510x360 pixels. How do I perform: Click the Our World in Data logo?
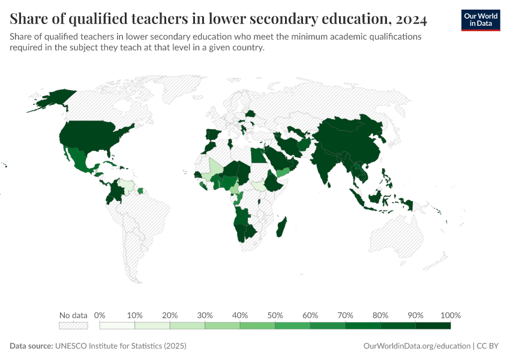pos(480,20)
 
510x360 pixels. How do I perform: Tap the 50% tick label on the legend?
pos(275,315)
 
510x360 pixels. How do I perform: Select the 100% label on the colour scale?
pos(450,315)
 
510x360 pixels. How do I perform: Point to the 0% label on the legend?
pos(100,315)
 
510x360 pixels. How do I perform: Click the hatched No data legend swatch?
pos(73,326)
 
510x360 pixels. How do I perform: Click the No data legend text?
pos(73,315)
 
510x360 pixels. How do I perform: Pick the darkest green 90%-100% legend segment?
pos(433,326)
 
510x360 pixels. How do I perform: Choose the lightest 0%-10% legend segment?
pos(117,326)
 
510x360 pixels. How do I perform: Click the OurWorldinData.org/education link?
pos(416,346)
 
